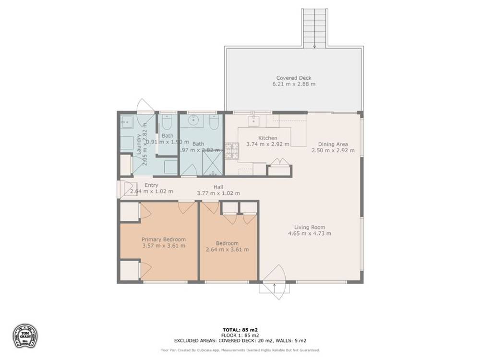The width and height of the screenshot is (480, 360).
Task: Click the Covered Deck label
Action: [294, 77]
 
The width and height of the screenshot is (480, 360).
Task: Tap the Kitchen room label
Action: [267, 138]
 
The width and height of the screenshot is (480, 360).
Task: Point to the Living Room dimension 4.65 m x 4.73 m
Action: [310, 234]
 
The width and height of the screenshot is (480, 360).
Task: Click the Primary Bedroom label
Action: [163, 239]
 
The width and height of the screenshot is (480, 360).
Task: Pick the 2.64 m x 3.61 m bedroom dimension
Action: [227, 250]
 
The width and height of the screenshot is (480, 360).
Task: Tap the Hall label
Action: [218, 187]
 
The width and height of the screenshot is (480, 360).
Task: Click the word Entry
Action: [151, 185]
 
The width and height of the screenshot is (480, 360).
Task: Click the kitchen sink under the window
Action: [253, 120]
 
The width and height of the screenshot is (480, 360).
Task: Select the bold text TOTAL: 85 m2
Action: [240, 329]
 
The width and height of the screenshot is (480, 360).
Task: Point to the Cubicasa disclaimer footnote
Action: [240, 350]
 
